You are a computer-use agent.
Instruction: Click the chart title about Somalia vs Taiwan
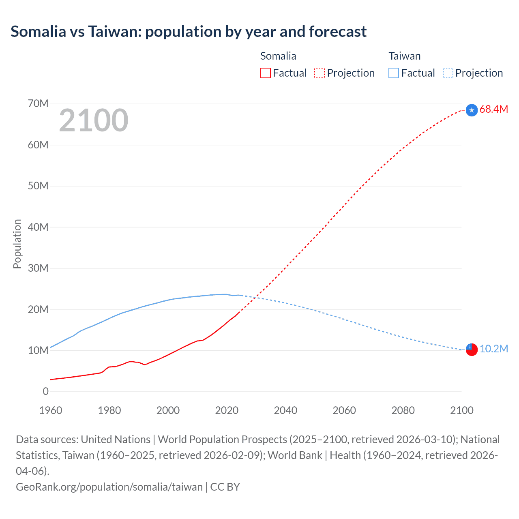pyautogui.click(x=189, y=32)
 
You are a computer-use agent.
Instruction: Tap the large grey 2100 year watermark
pyautogui.click(x=94, y=120)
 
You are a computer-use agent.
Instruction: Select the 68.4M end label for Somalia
pyautogui.click(x=493, y=109)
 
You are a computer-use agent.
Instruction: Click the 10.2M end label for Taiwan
pyautogui.click(x=493, y=349)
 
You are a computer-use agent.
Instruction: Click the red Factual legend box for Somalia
pyautogui.click(x=266, y=73)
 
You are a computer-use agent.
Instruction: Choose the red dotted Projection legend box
pyautogui.click(x=320, y=73)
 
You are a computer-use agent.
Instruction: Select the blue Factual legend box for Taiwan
pyautogui.click(x=394, y=73)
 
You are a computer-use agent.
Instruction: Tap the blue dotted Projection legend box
pyautogui.click(x=448, y=73)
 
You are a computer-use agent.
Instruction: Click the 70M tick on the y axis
pyautogui.click(x=38, y=104)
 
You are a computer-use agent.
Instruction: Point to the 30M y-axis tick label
pyautogui.click(x=38, y=268)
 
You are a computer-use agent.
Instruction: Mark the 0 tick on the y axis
pyautogui.click(x=45, y=391)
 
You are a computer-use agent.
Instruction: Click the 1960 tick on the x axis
pyautogui.click(x=51, y=410)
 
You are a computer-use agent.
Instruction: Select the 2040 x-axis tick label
pyautogui.click(x=285, y=410)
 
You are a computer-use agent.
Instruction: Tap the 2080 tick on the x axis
pyautogui.click(x=403, y=410)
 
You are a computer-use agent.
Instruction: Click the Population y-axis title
pyautogui.click(x=17, y=244)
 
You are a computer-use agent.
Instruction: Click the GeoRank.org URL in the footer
pyautogui.click(x=109, y=487)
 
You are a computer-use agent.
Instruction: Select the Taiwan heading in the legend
pyautogui.click(x=404, y=56)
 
